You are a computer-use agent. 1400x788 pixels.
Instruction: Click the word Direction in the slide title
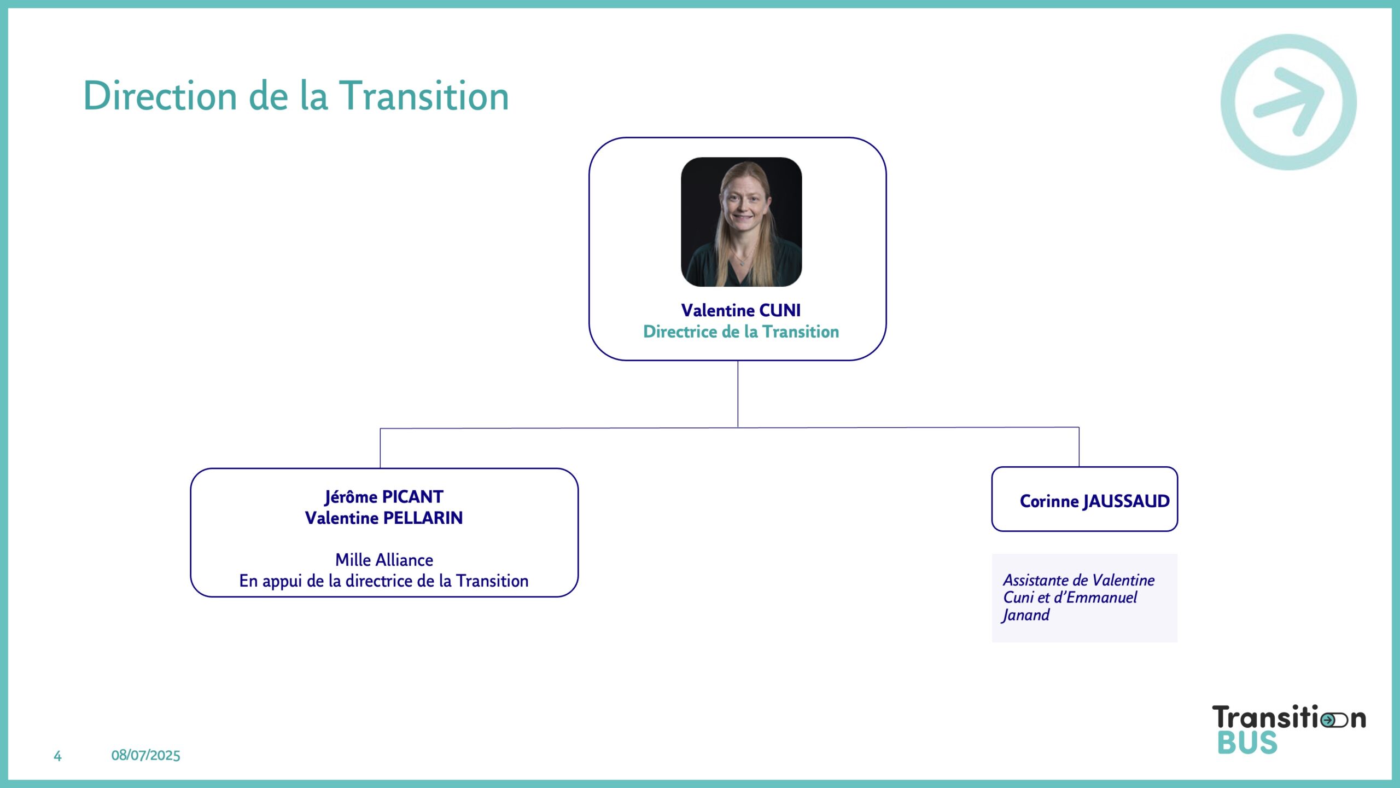[160, 96]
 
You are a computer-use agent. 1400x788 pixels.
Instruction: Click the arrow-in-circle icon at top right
[1288, 102]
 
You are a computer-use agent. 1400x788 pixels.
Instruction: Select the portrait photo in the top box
[741, 222]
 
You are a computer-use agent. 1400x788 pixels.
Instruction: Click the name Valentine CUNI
[740, 310]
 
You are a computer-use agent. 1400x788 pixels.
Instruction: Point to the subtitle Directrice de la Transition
[740, 332]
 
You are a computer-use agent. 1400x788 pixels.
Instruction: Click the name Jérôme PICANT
[384, 497]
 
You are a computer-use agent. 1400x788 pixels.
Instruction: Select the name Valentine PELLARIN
[384, 518]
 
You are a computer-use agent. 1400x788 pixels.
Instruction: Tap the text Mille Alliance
[384, 560]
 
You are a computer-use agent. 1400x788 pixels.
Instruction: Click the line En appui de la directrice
[384, 581]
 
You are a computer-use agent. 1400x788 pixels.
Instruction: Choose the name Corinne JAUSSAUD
[1094, 501]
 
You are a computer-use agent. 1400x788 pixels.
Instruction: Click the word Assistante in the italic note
[1035, 580]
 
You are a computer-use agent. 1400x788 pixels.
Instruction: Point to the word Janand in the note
[1025, 615]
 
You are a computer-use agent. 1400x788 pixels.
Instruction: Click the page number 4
[57, 756]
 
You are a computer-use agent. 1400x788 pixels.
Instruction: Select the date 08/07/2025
[145, 756]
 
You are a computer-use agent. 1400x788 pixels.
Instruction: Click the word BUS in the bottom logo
[1247, 743]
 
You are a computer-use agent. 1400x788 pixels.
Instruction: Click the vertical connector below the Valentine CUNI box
[738, 394]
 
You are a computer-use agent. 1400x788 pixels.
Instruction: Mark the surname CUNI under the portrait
[780, 310]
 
